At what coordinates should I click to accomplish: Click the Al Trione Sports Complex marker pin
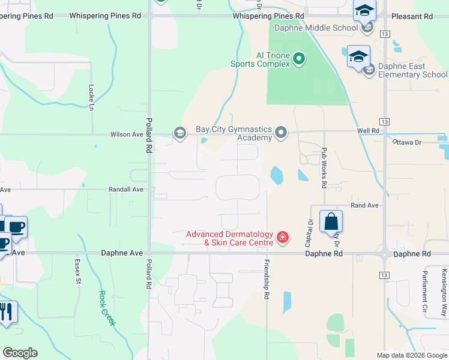(x=299, y=59)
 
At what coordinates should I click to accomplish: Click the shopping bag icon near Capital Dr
(x=331, y=222)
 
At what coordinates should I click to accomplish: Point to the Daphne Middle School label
(x=316, y=28)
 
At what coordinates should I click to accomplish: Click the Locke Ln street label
(x=92, y=96)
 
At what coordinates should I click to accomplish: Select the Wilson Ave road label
(x=125, y=134)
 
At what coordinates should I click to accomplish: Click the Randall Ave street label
(x=126, y=189)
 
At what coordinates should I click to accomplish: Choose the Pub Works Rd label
(x=324, y=168)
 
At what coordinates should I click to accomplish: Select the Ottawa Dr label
(x=408, y=142)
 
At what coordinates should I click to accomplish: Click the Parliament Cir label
(x=424, y=289)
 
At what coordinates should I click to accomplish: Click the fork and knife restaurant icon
(x=7, y=312)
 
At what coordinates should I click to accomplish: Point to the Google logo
(x=20, y=353)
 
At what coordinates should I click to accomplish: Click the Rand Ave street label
(x=364, y=205)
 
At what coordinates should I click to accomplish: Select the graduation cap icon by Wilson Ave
(x=179, y=133)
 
